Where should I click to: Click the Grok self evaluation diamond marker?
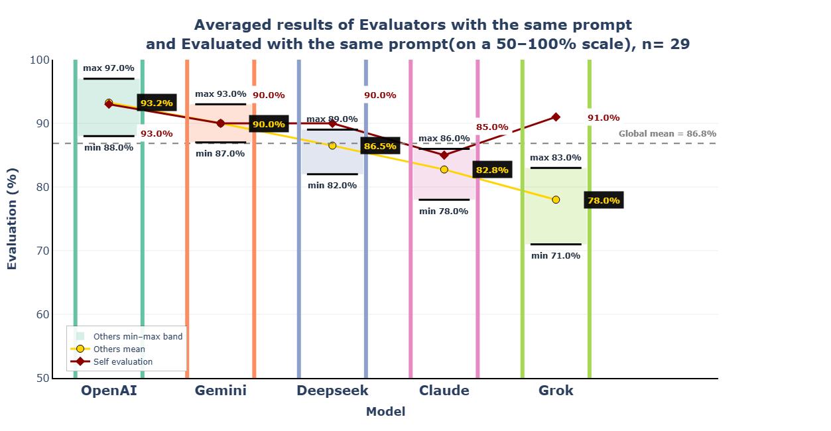(556, 117)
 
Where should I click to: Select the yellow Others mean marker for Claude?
(444, 169)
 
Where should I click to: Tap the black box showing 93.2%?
(157, 103)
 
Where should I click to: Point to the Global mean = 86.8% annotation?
(667, 134)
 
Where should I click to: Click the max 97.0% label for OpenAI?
(109, 68)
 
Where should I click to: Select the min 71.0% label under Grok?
(556, 255)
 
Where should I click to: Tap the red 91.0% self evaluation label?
(604, 118)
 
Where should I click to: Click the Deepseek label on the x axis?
(332, 391)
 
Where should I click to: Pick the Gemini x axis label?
(220, 391)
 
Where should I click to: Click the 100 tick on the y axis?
(39, 60)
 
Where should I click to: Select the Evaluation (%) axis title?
(13, 219)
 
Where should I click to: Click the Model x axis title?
(385, 412)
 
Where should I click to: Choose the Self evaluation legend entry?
(123, 361)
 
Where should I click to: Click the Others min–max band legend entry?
(137, 336)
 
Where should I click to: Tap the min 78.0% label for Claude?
(444, 212)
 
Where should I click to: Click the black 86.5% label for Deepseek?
(380, 146)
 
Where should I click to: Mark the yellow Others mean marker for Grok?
(556, 200)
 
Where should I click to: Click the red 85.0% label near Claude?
(492, 127)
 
